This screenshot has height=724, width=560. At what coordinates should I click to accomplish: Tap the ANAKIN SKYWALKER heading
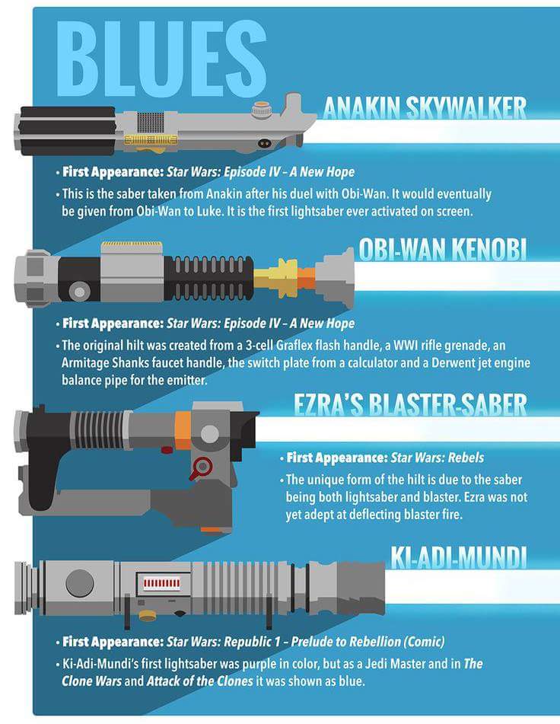pyautogui.click(x=425, y=109)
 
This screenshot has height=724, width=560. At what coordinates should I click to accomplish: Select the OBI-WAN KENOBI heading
pyautogui.click(x=443, y=250)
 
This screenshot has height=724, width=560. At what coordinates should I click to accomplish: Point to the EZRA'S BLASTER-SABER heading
pyautogui.click(x=410, y=404)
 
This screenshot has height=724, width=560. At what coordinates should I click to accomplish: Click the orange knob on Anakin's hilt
pyautogui.click(x=261, y=110)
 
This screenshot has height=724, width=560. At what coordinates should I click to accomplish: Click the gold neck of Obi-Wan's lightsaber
pyautogui.click(x=276, y=278)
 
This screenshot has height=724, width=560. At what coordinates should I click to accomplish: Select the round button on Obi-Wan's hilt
pyautogui.click(x=79, y=292)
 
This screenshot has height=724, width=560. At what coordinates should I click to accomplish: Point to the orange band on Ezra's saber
pyautogui.click(x=183, y=430)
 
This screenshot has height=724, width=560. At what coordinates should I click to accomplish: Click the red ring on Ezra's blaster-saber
pyautogui.click(x=202, y=467)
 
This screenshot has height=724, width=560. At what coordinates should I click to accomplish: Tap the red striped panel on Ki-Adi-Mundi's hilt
pyautogui.click(x=161, y=584)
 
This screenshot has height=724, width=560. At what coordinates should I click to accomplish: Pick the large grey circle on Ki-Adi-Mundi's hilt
pyautogui.click(x=80, y=583)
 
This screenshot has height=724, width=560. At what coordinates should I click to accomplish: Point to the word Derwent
pyautogui.click(x=453, y=363)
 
